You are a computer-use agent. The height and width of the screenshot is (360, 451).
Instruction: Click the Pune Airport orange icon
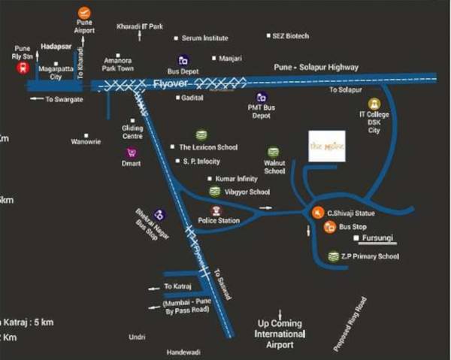(84, 12)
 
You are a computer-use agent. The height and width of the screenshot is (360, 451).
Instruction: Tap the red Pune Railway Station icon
(22, 68)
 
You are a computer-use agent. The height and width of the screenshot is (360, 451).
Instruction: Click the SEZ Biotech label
(291, 36)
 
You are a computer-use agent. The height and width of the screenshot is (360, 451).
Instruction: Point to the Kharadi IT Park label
(140, 27)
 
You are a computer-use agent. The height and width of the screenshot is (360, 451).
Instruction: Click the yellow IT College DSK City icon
(373, 104)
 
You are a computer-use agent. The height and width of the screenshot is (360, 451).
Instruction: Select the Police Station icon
(216, 210)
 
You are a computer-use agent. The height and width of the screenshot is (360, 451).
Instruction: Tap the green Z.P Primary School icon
(333, 257)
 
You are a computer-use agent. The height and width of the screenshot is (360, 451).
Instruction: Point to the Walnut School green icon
(274, 152)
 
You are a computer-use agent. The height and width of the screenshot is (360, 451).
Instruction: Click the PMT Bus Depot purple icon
(261, 97)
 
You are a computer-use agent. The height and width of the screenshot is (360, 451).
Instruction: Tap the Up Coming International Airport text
(280, 334)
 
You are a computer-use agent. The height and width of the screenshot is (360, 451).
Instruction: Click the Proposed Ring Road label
(352, 324)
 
